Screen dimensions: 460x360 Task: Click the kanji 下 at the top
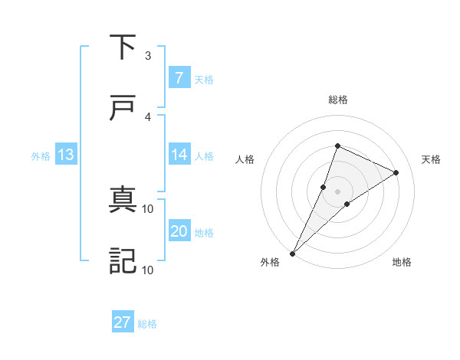[x=123, y=47]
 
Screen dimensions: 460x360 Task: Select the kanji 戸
[x=123, y=108]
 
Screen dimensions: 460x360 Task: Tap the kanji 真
[x=123, y=201]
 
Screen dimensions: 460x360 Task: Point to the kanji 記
[x=123, y=261]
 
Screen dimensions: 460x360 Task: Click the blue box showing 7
[x=178, y=77]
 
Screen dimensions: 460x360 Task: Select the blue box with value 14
[x=179, y=155]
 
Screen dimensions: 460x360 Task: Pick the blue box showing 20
[x=179, y=231]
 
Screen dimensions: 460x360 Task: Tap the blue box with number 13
[x=65, y=155]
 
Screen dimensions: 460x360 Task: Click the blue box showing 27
[x=122, y=322]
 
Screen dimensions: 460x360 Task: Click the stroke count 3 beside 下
[x=148, y=56]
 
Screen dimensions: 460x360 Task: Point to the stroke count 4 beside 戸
[x=148, y=117]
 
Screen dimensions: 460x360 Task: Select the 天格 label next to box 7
[x=204, y=79]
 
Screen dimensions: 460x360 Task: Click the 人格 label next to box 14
[x=204, y=156]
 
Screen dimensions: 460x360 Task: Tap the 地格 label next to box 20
[x=204, y=233]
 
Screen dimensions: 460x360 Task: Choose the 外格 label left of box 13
[x=41, y=156]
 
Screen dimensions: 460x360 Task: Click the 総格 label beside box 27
[x=147, y=324]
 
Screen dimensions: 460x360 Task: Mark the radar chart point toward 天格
[x=396, y=172]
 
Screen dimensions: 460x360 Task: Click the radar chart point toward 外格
[x=293, y=254]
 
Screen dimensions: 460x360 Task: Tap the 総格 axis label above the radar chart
[x=338, y=100]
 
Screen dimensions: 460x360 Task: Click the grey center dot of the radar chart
[x=338, y=191]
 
